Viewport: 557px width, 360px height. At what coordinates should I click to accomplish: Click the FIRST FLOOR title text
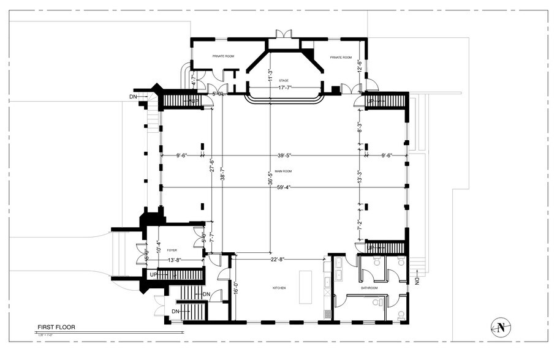point(56,328)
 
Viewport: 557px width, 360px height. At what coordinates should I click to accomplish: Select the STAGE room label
point(283,81)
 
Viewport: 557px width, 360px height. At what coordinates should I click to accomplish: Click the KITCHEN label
point(279,288)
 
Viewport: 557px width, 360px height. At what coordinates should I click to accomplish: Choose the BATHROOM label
point(369,288)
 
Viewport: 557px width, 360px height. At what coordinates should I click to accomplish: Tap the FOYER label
point(172,250)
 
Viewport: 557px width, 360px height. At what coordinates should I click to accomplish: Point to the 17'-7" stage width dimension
point(282,88)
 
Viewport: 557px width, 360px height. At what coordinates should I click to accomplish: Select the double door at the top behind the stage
point(283,34)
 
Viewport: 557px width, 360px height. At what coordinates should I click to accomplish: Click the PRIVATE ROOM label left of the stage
point(224,56)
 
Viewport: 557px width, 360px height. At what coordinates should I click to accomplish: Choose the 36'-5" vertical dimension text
point(270,177)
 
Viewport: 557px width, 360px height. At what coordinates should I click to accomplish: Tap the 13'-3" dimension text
point(360,177)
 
